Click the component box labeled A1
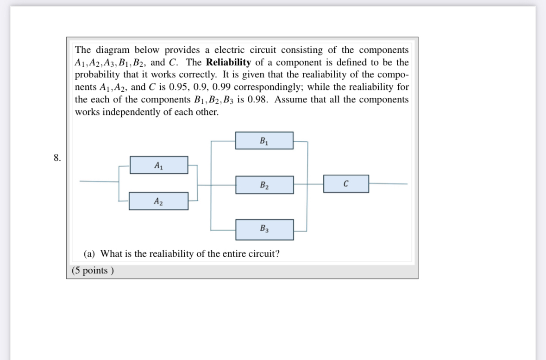pos(158,165)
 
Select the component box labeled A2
pos(158,201)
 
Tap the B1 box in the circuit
pos(264,140)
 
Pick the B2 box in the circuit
pos(264,184)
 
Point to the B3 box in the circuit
pos(264,229)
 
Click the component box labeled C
pos(346,183)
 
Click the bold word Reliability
pos(228,63)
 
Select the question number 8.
pos(57,158)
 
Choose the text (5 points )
pos(93,271)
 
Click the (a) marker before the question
pos(90,254)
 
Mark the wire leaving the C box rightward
pos(388,183)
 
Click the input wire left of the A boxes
pos(99,181)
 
